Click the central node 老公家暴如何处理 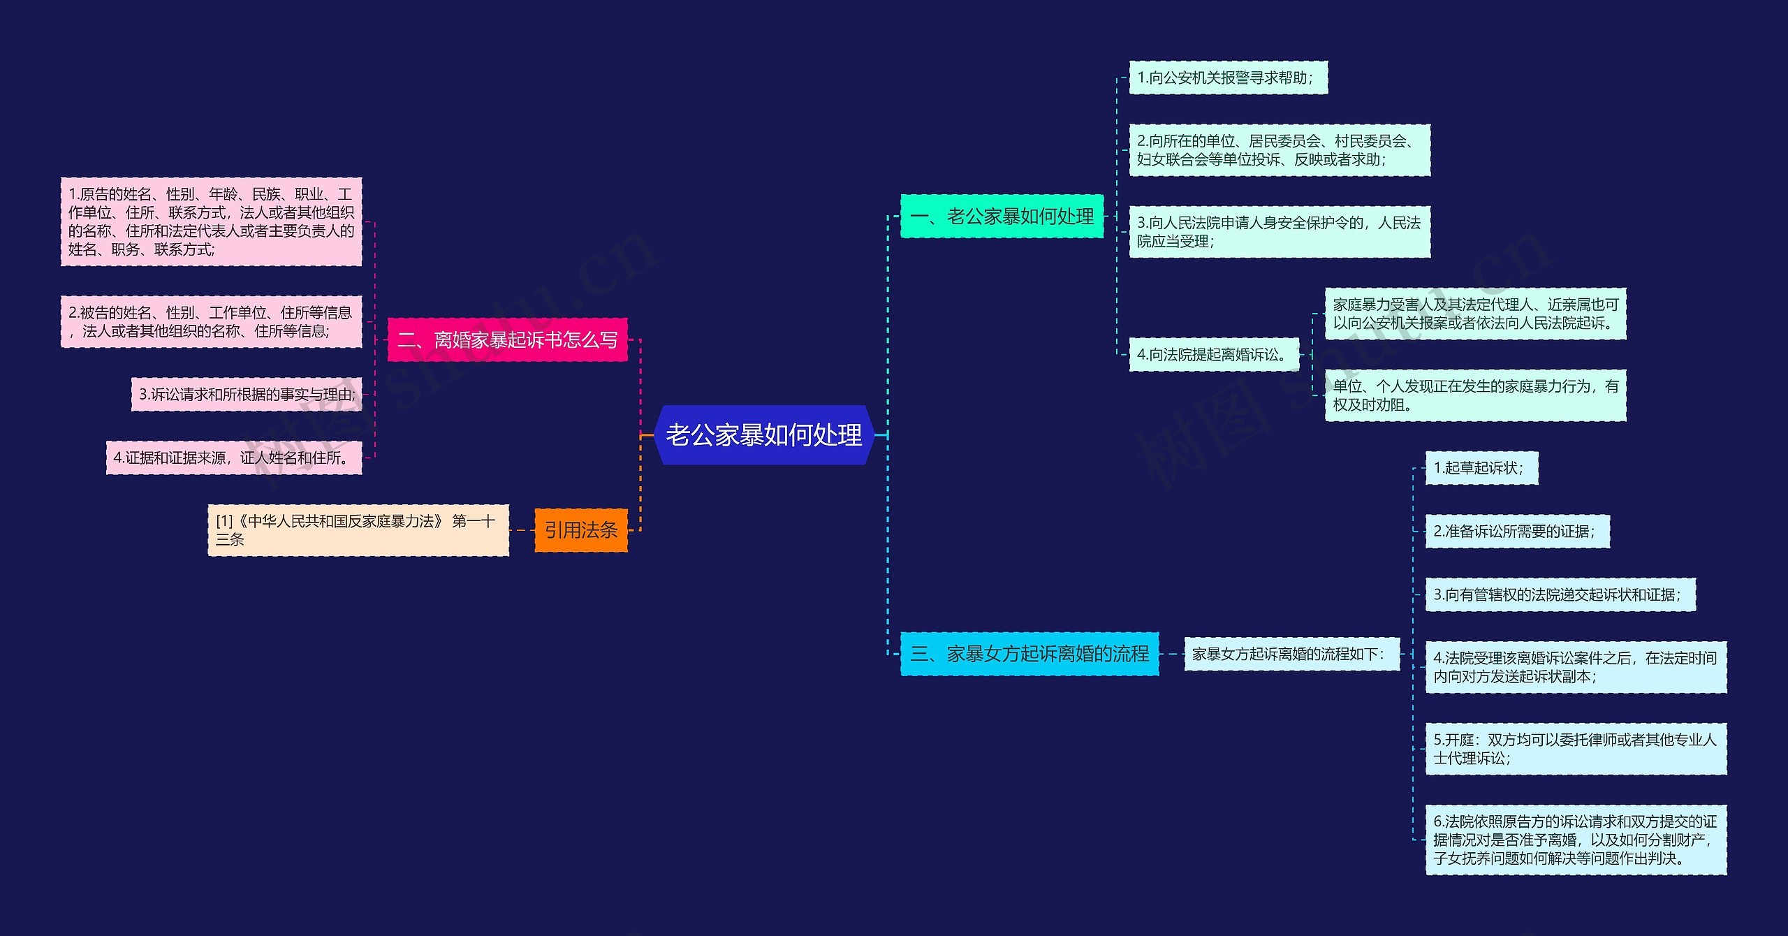tap(764, 435)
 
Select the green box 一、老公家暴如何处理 tap(1002, 217)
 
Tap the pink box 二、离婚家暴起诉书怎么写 tap(507, 340)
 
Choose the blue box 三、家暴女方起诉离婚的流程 tap(1029, 654)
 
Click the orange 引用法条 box tap(580, 530)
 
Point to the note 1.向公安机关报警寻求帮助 tap(1228, 78)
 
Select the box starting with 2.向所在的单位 tap(1279, 150)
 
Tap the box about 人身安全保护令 tap(1279, 232)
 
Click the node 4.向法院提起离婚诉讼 tap(1213, 355)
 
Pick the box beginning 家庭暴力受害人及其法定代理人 tap(1475, 314)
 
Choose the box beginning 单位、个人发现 tap(1475, 395)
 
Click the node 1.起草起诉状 tap(1481, 468)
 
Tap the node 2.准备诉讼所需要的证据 tap(1517, 532)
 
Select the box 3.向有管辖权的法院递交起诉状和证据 tap(1560, 595)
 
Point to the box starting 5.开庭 tap(1575, 749)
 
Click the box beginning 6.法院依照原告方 tap(1575, 840)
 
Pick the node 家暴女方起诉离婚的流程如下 tap(1291, 654)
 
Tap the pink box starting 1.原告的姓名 tap(211, 221)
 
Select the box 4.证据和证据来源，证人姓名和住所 tap(233, 458)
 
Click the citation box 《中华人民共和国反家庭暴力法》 tap(358, 530)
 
